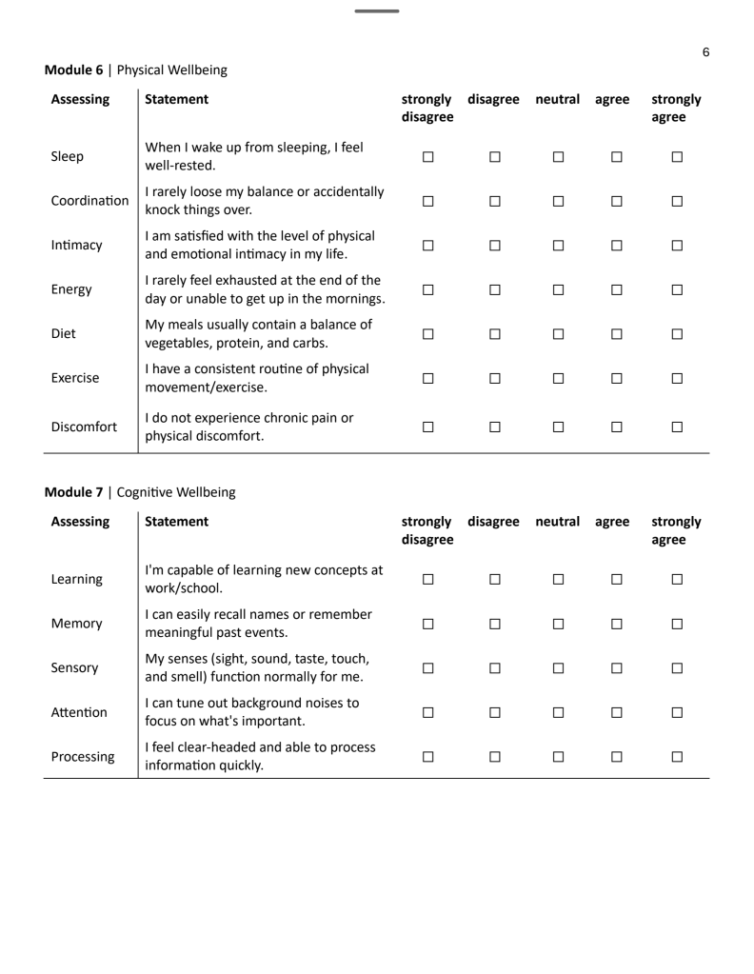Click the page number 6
pyautogui.click(x=705, y=52)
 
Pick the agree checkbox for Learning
pyautogui.click(x=612, y=578)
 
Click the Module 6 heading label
pyautogui.click(x=75, y=70)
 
